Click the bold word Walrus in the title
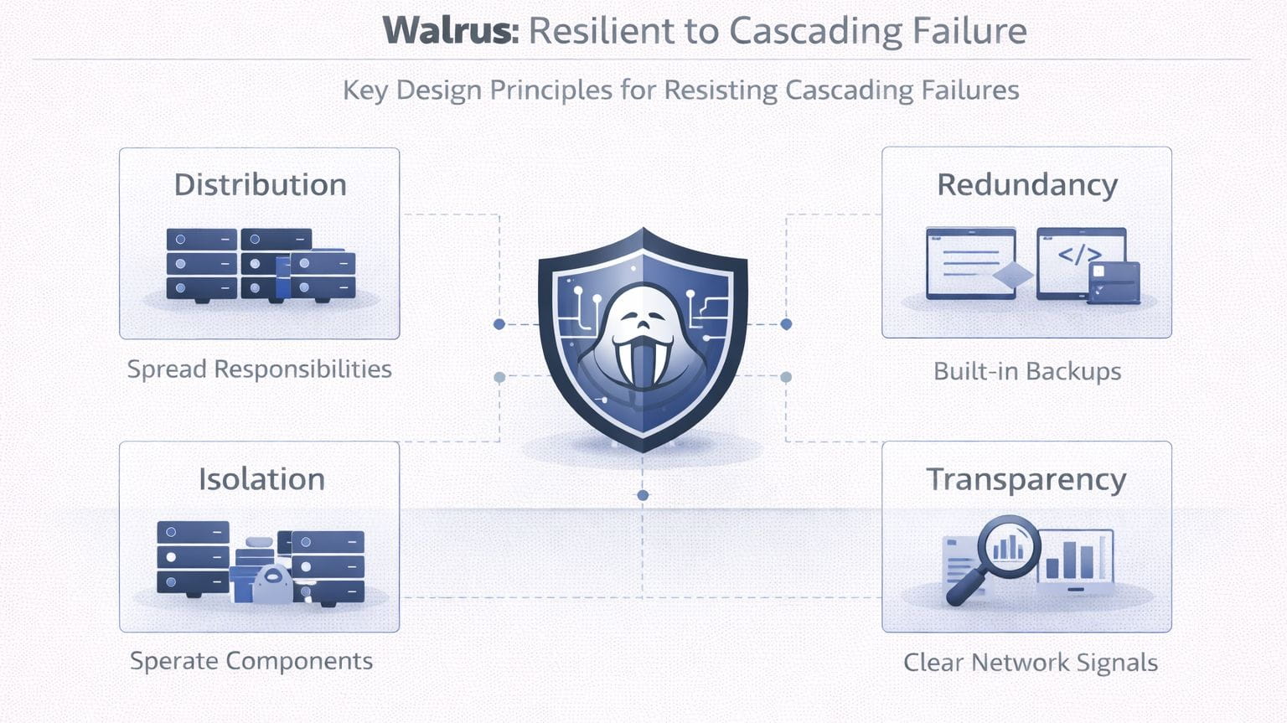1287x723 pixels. [x=450, y=31]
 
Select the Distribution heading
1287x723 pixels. [x=260, y=184]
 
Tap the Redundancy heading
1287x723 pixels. [x=1026, y=184]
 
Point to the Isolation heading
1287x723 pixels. [x=261, y=479]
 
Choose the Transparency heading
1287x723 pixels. [x=1026, y=479]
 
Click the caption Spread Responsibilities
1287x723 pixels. [x=259, y=369]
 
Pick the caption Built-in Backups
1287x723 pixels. [x=1026, y=371]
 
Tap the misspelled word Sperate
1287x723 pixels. [x=173, y=661]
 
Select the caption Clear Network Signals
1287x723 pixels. [x=1030, y=663]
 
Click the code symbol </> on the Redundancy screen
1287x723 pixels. [x=1079, y=255]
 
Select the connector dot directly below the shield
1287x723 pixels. [x=643, y=495]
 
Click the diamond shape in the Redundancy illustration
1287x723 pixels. [x=1012, y=275]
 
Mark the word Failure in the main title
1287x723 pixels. [x=969, y=31]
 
